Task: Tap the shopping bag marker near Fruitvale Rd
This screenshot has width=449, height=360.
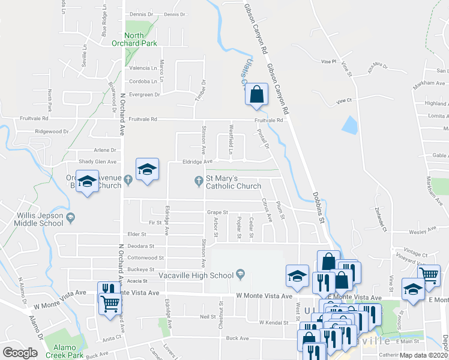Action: pos(257,95)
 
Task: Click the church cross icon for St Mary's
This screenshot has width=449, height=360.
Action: pos(199,181)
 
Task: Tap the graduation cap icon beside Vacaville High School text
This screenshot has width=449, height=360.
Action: pos(240,275)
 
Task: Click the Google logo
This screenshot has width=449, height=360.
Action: pos(20,353)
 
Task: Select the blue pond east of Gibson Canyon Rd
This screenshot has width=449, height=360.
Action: pos(348,124)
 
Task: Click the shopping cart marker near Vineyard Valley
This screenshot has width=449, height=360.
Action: pos(429,276)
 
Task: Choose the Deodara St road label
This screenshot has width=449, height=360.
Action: pos(140,246)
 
